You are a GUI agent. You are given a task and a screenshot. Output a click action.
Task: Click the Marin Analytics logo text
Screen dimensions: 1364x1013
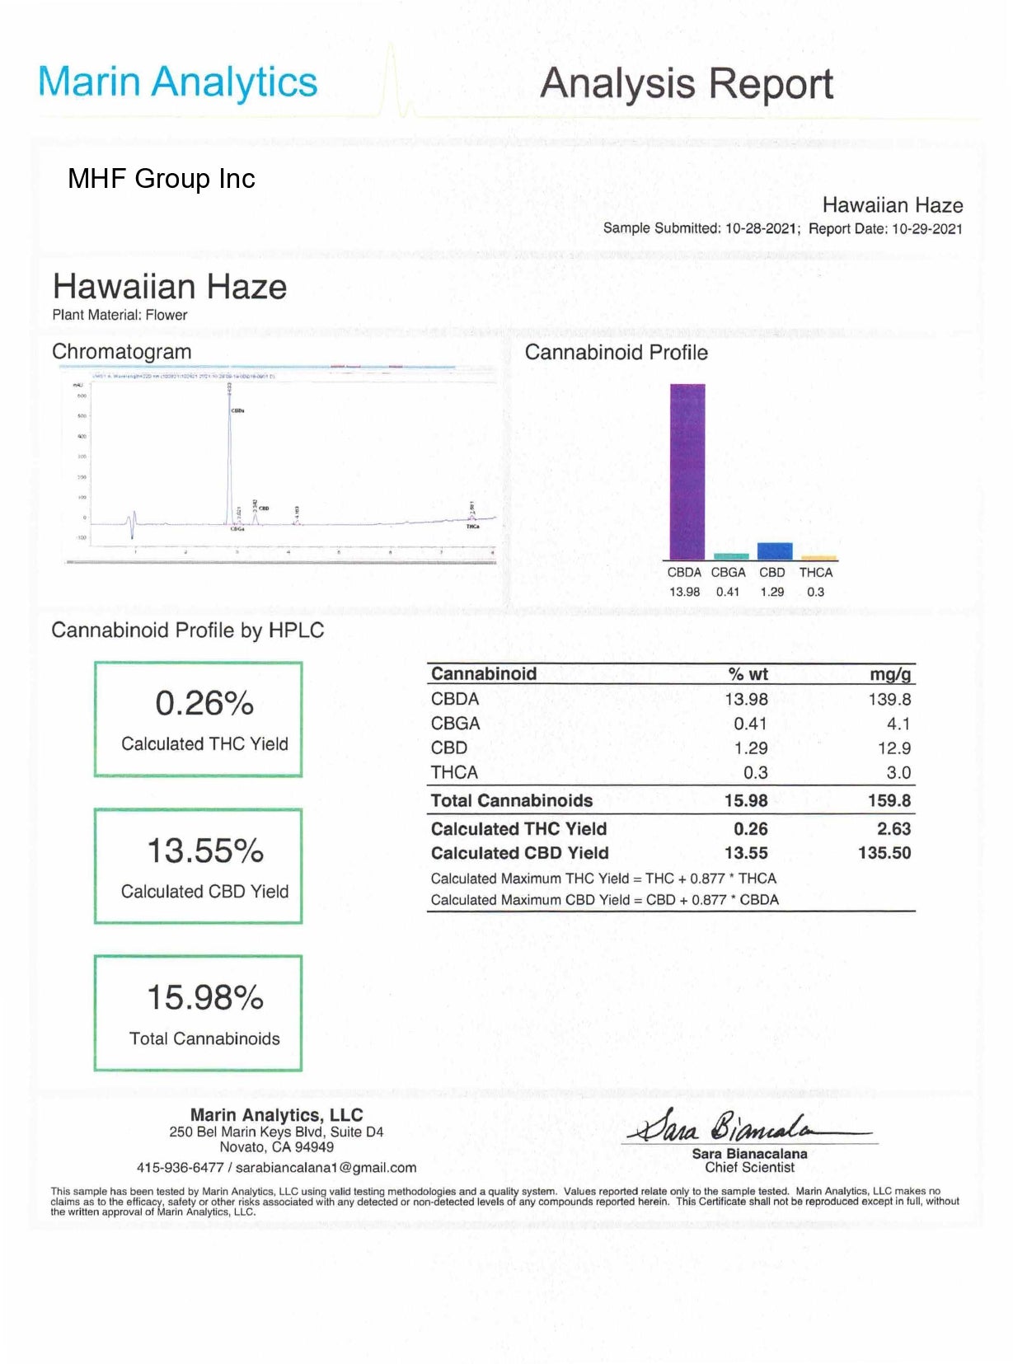(177, 82)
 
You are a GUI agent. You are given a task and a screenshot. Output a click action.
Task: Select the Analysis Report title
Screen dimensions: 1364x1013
(686, 84)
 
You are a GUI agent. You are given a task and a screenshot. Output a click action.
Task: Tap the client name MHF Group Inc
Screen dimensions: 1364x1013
(162, 179)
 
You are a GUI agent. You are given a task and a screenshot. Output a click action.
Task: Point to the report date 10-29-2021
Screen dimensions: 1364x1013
(926, 229)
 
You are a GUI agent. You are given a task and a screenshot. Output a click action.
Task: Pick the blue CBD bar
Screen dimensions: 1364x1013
(774, 551)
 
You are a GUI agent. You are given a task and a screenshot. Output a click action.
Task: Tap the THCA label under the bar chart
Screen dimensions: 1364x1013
(815, 572)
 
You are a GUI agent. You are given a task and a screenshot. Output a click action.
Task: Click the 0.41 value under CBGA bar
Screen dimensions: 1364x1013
(728, 592)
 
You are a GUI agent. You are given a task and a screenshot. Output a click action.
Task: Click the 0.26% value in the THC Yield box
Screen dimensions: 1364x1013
(204, 704)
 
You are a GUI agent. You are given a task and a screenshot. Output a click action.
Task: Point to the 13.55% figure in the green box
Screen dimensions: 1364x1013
(204, 851)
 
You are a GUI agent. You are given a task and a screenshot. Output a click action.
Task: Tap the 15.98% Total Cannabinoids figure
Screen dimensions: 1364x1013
(204, 998)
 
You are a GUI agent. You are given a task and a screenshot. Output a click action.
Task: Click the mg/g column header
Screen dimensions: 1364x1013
(890, 674)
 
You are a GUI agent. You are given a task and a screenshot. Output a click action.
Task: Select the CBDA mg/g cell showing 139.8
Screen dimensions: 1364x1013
(889, 700)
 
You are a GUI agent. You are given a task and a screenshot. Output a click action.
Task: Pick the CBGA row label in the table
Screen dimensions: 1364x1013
(455, 724)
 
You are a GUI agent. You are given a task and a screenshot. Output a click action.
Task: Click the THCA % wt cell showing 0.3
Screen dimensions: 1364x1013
(755, 773)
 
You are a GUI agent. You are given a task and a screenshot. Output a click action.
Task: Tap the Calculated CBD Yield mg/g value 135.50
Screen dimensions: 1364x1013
(884, 853)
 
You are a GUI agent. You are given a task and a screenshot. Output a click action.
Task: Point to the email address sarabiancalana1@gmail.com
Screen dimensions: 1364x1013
(326, 1168)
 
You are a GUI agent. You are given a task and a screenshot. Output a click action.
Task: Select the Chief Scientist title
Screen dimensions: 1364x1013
(749, 1168)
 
